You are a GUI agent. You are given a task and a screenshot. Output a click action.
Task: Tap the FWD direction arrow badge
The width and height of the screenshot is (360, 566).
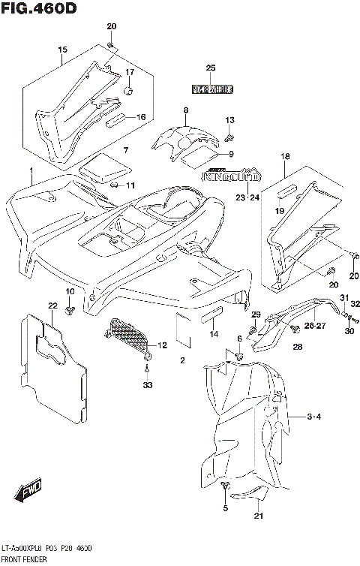[x=28, y=492]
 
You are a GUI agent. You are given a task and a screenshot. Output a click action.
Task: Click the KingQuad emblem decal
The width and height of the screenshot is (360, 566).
[x=232, y=178]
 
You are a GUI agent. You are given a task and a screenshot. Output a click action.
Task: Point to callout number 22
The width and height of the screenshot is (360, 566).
[x=52, y=306]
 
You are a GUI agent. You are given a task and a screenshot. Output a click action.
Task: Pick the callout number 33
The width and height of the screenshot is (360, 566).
[x=147, y=385]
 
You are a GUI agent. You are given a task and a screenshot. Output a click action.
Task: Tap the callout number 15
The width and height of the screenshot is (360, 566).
[x=63, y=50]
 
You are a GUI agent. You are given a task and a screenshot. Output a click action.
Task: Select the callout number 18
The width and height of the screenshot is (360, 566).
[x=284, y=156]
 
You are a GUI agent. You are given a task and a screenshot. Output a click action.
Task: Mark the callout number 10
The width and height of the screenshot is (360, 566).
[x=70, y=291]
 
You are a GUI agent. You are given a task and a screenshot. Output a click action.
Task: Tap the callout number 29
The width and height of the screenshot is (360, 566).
[x=255, y=314]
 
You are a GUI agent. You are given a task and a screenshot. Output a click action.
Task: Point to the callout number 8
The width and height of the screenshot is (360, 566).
[x=185, y=111]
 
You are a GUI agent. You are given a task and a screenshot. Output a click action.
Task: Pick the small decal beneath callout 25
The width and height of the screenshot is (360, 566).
[x=211, y=89]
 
